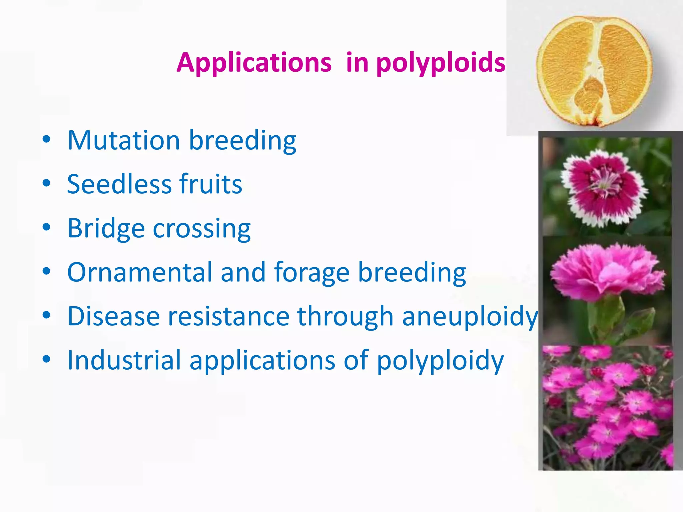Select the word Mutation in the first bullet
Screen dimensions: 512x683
coord(124,140)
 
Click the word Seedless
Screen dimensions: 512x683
coord(119,184)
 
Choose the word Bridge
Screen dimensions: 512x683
coord(106,229)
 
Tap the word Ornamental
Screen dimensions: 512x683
coord(140,272)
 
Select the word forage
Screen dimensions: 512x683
coord(311,272)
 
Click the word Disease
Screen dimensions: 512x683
coord(113,316)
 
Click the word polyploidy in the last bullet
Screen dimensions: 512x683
coord(440,360)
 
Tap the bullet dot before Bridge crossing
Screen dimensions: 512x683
coord(46,227)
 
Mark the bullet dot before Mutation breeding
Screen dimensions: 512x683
coord(46,139)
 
